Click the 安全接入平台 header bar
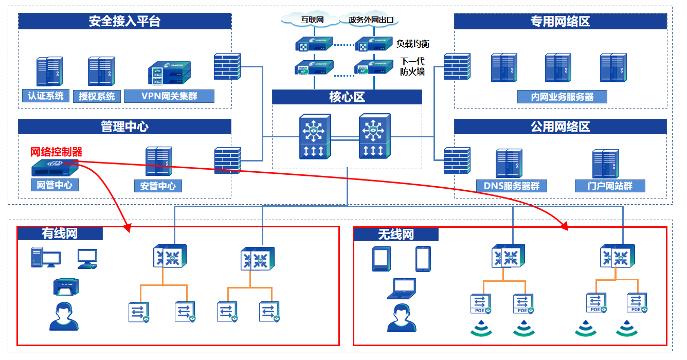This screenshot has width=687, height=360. point(124,21)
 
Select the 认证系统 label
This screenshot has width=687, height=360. point(46,96)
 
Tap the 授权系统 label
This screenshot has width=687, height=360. point(97,96)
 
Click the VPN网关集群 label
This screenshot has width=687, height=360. point(169,96)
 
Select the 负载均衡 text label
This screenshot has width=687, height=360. point(412,44)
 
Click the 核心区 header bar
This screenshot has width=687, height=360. point(347,97)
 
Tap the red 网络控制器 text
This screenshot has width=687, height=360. point(57,152)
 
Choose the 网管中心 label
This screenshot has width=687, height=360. point(55,185)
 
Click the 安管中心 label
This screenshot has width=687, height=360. point(158,186)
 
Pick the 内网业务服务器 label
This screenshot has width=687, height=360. point(562,97)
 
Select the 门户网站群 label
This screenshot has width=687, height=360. point(610,186)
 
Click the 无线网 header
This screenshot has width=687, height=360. point(396,235)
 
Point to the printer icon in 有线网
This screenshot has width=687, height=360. point(66,287)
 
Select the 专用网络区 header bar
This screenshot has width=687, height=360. point(560,21)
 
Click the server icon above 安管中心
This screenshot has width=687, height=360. point(158,162)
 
